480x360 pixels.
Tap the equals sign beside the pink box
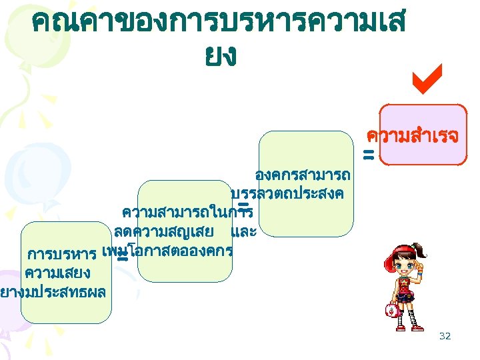[368, 156]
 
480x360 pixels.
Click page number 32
[445, 336]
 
